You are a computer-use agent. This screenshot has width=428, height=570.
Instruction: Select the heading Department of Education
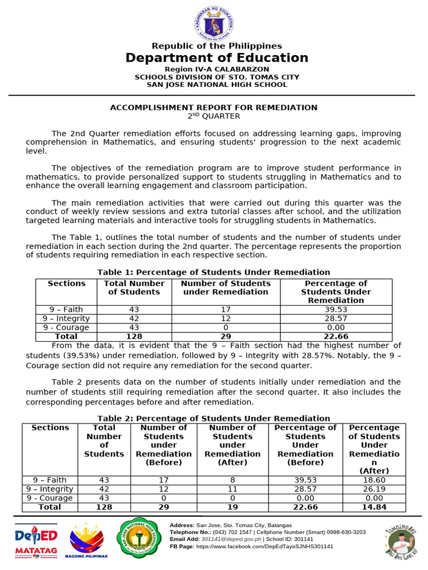click(x=217, y=58)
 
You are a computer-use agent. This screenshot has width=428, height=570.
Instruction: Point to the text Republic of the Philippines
click(x=217, y=46)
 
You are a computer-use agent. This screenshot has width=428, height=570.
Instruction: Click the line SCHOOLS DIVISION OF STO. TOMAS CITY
click(x=217, y=77)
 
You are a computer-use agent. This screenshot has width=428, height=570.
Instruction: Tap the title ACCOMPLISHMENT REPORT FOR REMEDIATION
click(x=213, y=107)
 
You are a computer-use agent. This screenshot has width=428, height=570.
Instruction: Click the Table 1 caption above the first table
click(x=213, y=272)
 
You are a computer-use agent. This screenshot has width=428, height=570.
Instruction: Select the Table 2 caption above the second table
click(x=213, y=418)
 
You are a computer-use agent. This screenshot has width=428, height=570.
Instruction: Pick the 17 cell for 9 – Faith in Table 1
click(x=226, y=309)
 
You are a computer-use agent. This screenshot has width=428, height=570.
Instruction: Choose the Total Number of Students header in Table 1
click(x=134, y=287)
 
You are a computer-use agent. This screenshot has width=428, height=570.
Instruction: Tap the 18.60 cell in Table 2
click(x=374, y=480)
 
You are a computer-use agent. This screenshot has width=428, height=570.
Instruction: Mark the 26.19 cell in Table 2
click(x=374, y=489)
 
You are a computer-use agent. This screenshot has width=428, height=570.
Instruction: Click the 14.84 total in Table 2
click(x=374, y=507)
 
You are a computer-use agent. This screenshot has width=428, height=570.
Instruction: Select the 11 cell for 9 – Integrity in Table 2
click(x=232, y=489)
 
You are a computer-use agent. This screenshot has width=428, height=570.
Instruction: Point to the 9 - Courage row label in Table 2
click(x=50, y=498)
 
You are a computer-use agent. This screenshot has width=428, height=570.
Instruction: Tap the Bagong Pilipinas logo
click(x=87, y=541)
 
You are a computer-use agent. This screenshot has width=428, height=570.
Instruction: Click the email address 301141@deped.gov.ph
click(x=226, y=539)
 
